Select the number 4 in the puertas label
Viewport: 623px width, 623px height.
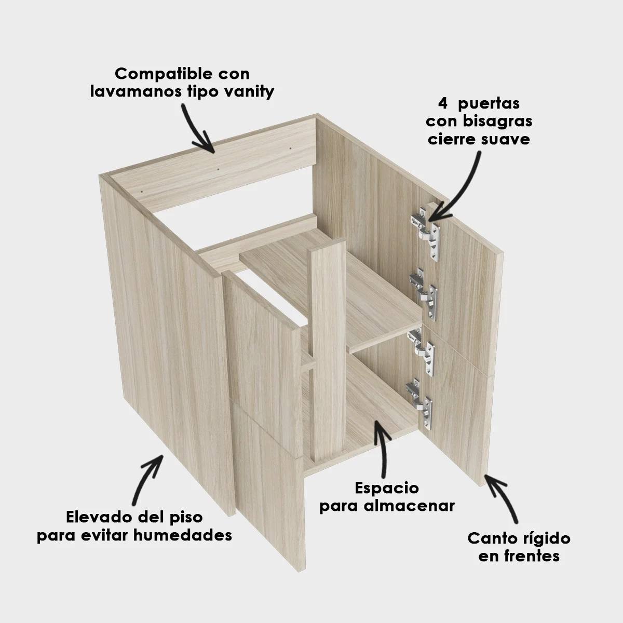[443, 103]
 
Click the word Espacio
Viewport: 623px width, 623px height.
[387, 489]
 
